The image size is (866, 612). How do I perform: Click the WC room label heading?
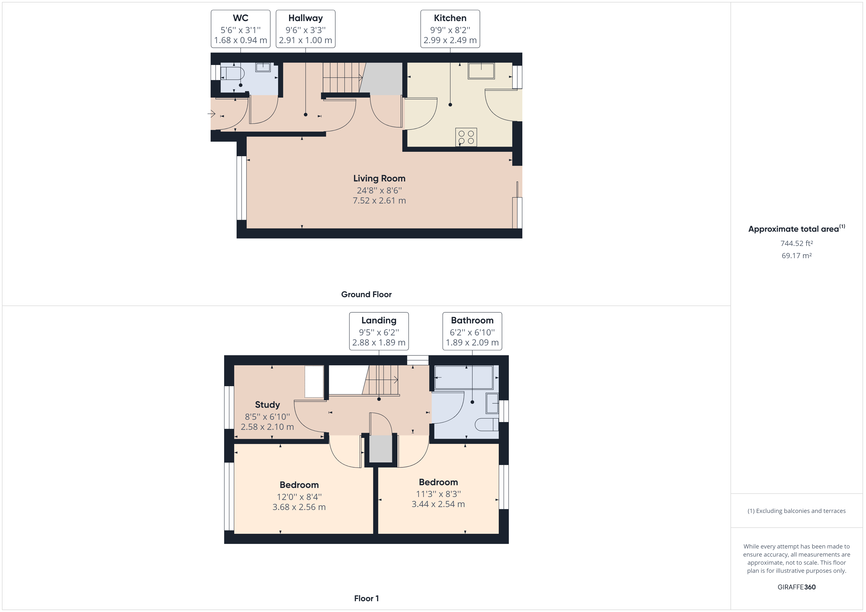pyautogui.click(x=240, y=18)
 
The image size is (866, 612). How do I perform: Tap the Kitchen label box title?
pyautogui.click(x=450, y=18)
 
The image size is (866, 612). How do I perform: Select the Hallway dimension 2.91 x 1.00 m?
pyautogui.click(x=306, y=40)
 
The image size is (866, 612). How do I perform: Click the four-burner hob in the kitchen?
pyautogui.click(x=466, y=137)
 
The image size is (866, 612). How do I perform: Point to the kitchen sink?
pyautogui.click(x=481, y=71)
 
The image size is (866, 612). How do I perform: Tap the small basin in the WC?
pyautogui.click(x=263, y=67)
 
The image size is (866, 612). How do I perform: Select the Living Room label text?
pyautogui.click(x=379, y=178)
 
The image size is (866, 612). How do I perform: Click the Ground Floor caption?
pyautogui.click(x=366, y=294)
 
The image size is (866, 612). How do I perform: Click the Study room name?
pyautogui.click(x=267, y=405)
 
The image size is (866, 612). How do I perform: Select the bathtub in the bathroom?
pyautogui.click(x=464, y=377)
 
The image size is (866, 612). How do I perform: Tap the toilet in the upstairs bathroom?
pyautogui.click(x=487, y=425)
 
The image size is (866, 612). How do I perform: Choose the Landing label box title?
pyautogui.click(x=379, y=320)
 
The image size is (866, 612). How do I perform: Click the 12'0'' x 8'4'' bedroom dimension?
pyautogui.click(x=299, y=497)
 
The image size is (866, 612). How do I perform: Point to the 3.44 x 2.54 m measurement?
pyautogui.click(x=438, y=504)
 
